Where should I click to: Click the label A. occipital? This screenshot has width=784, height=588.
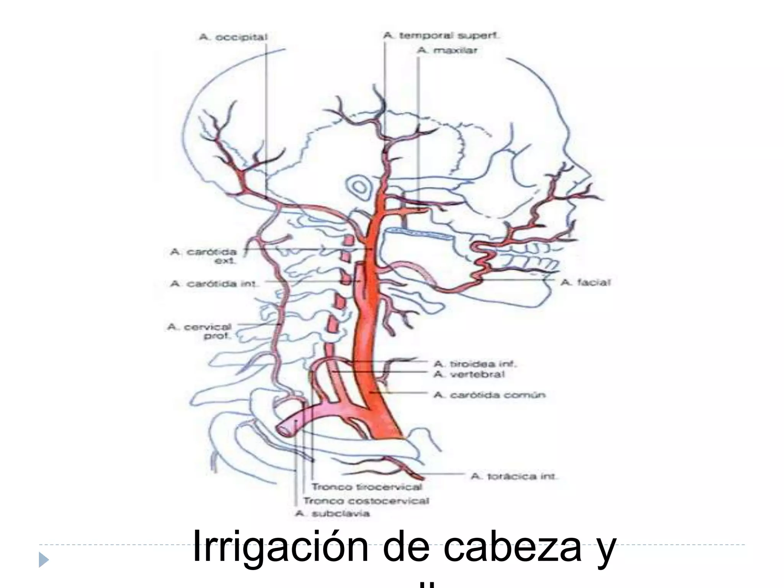click(x=233, y=38)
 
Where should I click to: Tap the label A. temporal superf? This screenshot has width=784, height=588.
click(x=441, y=36)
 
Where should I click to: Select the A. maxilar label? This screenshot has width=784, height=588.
click(x=447, y=50)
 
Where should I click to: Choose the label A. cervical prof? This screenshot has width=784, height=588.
click(x=199, y=332)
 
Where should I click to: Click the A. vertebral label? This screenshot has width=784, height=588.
click(x=469, y=374)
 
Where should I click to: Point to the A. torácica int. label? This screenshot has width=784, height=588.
click(x=514, y=477)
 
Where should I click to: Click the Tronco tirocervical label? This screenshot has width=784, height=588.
click(x=367, y=487)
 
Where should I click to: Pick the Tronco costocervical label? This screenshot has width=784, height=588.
click(x=366, y=501)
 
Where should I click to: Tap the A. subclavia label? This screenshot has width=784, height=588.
click(x=333, y=514)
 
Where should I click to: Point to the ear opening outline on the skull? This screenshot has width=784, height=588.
click(x=359, y=187)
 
